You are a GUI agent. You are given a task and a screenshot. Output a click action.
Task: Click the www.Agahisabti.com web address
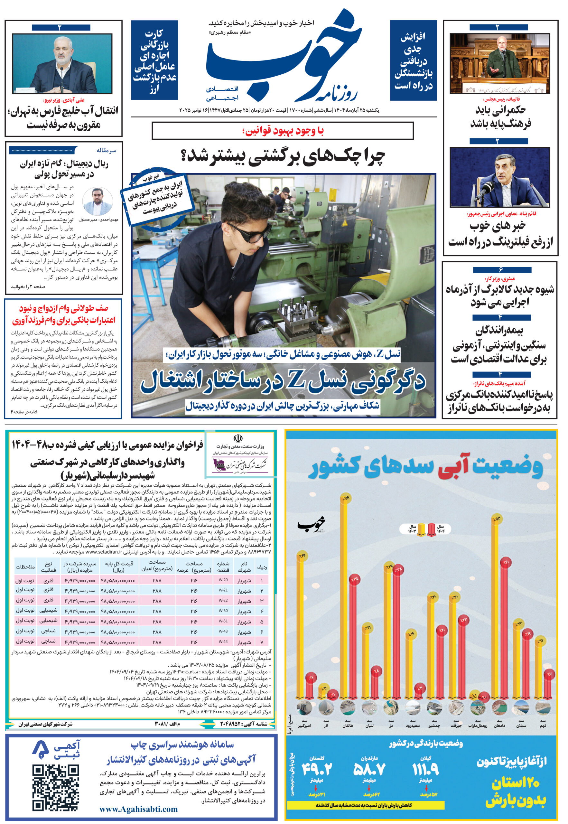tap(138, 809)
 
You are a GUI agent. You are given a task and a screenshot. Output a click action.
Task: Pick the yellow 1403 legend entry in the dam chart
tap(421, 529)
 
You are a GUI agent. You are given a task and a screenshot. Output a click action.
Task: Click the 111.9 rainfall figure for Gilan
tap(426, 770)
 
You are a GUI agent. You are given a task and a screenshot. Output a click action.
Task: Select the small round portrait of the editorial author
tap(98, 201)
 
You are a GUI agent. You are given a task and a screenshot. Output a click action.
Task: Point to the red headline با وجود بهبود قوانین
tap(283, 131)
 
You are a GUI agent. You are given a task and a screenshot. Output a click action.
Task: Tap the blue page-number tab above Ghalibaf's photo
tap(498, 27)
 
